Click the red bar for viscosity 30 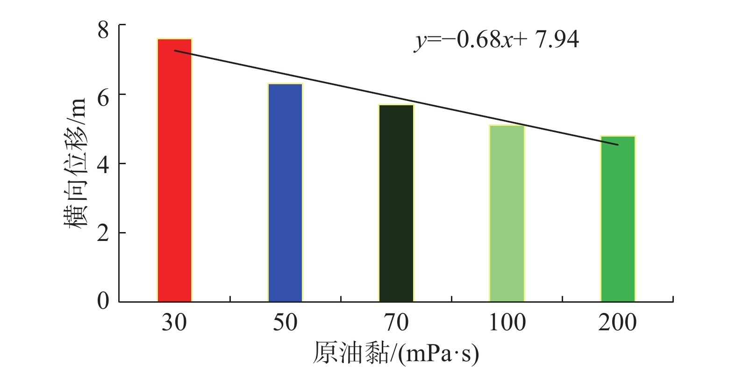click(174, 170)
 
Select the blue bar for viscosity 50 click(285, 193)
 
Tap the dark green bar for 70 click(396, 203)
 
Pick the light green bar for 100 click(507, 213)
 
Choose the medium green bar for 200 click(618, 219)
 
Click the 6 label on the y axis click(103, 98)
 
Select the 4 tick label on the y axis click(103, 165)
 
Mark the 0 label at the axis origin click(103, 300)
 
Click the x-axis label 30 click(174, 323)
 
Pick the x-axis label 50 click(285, 323)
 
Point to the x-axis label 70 click(396, 323)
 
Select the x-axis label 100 click(507, 323)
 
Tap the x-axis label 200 click(618, 323)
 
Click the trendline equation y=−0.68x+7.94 click(496, 40)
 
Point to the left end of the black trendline click(175, 51)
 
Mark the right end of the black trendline click(618, 145)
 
